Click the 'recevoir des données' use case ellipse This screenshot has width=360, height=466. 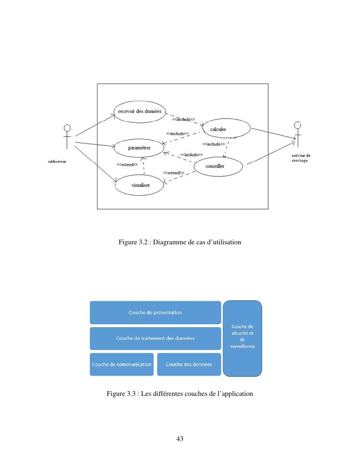tap(140, 112)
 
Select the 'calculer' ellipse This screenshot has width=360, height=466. tap(226, 129)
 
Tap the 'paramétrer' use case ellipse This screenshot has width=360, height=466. tap(139, 148)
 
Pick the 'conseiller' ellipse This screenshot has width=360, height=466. tap(218, 166)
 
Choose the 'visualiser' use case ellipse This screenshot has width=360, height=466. tap(140, 185)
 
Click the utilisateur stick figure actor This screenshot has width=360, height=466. tap(67, 136)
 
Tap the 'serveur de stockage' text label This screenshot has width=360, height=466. tap(301, 158)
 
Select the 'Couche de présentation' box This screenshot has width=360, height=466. tap(155, 313)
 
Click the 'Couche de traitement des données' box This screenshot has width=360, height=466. tap(155, 338)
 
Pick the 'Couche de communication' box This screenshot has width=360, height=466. tap(122, 364)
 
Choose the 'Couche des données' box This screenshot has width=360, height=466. tap(189, 364)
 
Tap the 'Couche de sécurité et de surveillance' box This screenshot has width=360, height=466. tap(242, 338)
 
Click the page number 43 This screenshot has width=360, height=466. tap(180, 439)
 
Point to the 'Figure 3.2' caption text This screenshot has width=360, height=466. tap(180, 242)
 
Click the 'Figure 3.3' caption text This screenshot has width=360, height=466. tap(180, 394)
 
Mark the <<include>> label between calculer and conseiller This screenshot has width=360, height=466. tap(214, 144)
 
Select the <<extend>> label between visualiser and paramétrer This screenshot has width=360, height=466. tap(127, 165)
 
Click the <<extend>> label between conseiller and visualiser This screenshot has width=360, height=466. tap(174, 173)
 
